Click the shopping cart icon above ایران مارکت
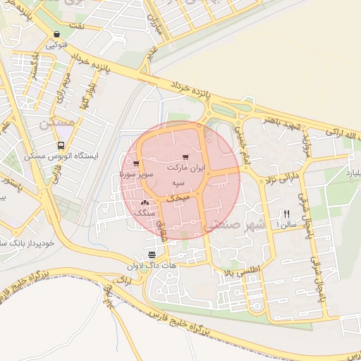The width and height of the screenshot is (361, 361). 185,157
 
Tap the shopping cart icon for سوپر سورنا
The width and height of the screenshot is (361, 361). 136,163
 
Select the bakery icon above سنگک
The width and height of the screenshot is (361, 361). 145,202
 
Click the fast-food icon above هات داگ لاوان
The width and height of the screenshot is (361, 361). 152,255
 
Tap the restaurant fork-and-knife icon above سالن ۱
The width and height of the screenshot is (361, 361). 286,214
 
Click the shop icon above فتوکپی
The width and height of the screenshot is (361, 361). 56,34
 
